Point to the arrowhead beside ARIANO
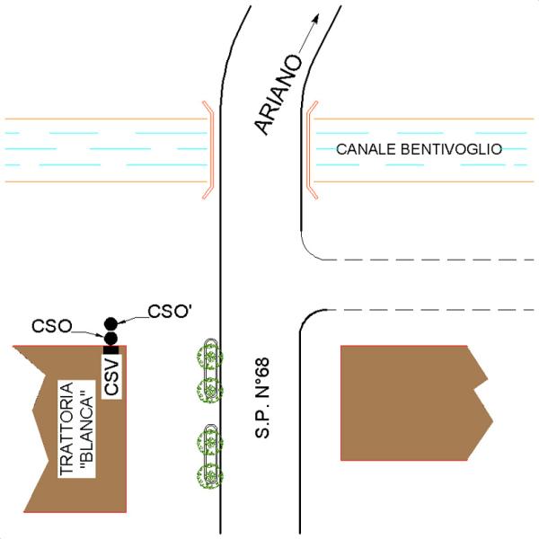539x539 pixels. pos(314,18)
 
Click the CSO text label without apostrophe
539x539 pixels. pos(51,325)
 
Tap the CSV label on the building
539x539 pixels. pos(111,377)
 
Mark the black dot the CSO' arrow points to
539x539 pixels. pos(110,323)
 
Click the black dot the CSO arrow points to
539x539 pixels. pos(110,338)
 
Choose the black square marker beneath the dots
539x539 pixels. pos(110,349)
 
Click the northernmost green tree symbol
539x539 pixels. pos(209,355)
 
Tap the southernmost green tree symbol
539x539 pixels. pos(209,476)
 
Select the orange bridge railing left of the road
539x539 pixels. pos(209,149)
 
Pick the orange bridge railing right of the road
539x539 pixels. pos(310,149)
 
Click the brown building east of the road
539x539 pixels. pos(409,402)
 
